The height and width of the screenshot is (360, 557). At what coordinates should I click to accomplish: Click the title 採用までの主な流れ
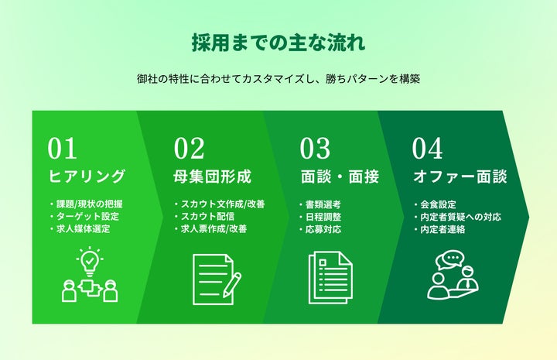point(278,41)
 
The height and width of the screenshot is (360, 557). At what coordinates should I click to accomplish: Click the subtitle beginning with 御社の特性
point(278,79)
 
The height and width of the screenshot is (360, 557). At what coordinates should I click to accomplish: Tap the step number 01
point(63,149)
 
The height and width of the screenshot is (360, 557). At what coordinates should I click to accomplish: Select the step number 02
point(189,149)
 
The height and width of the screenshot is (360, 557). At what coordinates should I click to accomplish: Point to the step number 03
point(315,149)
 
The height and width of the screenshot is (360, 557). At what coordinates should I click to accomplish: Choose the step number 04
point(427,149)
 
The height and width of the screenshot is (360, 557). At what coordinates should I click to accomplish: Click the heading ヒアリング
point(86,177)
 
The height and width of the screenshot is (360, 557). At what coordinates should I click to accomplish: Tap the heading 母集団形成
point(212,177)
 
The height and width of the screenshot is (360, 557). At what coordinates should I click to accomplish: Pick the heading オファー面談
point(460,177)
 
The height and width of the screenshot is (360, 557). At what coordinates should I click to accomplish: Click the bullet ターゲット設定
point(87,217)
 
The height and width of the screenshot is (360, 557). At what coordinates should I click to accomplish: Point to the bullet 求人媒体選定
point(84,229)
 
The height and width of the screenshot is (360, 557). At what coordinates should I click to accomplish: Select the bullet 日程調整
point(323,217)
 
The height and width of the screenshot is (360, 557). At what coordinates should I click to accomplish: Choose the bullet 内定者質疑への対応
point(461,217)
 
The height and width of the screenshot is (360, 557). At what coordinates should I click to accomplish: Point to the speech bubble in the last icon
point(451,259)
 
